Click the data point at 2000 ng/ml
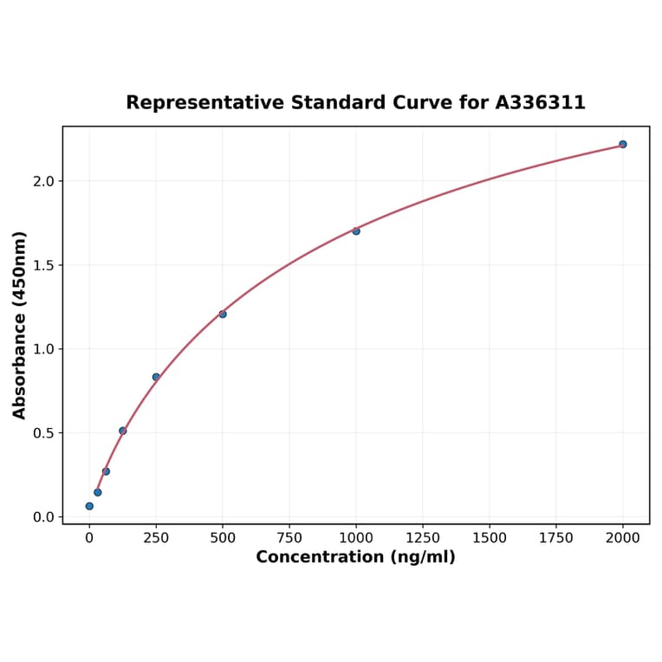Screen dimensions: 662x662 tap(622, 144)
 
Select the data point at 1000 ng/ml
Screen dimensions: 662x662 tap(356, 231)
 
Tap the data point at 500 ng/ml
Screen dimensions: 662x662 tap(223, 314)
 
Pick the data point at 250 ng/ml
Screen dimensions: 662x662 tap(156, 377)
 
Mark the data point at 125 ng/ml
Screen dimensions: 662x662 tap(123, 431)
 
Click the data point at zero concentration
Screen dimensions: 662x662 tap(89, 506)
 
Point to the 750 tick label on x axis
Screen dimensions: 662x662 tap(289, 538)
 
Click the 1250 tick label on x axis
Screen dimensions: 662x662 tap(423, 538)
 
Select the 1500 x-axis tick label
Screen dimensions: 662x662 tap(490, 538)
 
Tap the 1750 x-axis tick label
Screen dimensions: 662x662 tap(556, 538)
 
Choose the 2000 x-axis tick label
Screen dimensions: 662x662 tap(622, 538)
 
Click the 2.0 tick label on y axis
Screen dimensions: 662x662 tap(43, 181)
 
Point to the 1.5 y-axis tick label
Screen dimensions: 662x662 tap(43, 265)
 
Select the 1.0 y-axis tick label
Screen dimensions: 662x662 tap(43, 349)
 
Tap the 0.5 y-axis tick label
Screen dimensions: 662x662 tap(43, 433)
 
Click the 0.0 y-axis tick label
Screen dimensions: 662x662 tap(43, 517)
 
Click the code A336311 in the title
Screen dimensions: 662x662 tap(540, 103)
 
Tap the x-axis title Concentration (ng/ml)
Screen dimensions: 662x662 tap(355, 557)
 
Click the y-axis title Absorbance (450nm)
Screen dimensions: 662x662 tap(20, 325)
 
